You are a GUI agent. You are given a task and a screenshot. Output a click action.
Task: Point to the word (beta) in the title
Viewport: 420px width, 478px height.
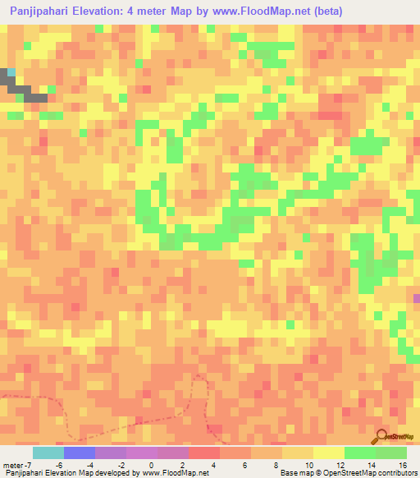point(323,11)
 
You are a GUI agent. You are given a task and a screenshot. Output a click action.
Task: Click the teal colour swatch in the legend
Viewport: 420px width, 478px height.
point(48,453)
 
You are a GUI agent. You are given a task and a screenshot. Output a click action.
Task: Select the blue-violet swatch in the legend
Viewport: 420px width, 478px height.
point(80,453)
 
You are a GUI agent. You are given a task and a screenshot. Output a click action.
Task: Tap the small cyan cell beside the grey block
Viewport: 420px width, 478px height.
point(11,72)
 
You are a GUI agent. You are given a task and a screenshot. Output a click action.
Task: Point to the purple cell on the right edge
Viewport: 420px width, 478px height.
point(417,298)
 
